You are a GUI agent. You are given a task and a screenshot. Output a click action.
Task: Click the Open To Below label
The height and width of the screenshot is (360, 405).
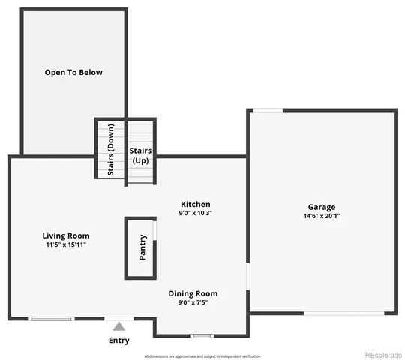[x=73, y=73]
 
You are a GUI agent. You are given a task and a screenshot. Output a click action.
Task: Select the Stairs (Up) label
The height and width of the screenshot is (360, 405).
[x=140, y=156]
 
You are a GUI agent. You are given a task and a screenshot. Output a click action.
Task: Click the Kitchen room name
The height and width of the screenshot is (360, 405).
[x=195, y=204]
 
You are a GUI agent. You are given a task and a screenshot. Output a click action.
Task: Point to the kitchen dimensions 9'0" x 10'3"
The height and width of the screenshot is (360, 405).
[x=195, y=214]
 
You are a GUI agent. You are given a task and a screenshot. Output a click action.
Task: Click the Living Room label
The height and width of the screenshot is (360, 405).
[x=66, y=235]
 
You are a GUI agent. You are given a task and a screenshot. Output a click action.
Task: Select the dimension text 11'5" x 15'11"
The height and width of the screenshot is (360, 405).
[x=66, y=244]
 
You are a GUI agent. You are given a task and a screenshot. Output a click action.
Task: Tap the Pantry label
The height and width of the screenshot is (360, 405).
[x=142, y=247]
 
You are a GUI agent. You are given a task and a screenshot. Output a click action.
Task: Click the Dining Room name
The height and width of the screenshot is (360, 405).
[x=193, y=293]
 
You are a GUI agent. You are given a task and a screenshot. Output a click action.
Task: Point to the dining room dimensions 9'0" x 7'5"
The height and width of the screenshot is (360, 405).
[x=193, y=303]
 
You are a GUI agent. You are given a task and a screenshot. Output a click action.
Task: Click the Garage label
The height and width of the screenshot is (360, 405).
[x=321, y=207]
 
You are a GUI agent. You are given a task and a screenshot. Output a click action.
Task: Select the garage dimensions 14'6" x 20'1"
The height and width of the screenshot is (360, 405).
[x=321, y=216]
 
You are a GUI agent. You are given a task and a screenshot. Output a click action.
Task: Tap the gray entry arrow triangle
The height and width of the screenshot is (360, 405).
[x=118, y=326]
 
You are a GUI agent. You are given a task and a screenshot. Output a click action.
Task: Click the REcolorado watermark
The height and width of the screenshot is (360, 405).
[x=382, y=355]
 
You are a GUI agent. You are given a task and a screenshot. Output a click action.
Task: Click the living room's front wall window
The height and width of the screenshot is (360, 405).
[x=51, y=319]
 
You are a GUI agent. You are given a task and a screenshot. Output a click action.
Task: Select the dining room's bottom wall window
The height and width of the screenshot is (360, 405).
[x=201, y=335]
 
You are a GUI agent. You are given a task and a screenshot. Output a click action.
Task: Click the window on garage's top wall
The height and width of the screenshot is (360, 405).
[x=267, y=111]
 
